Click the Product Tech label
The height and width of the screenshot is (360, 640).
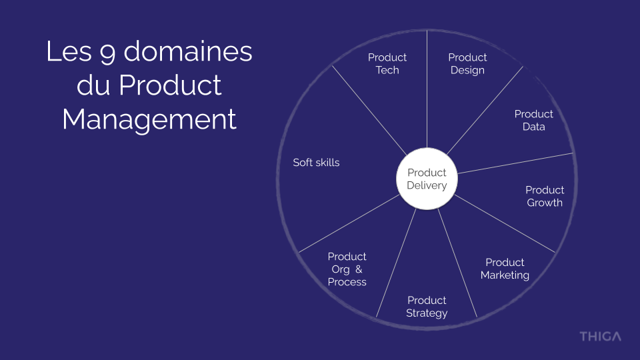[x=387, y=63]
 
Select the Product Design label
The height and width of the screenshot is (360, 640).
[x=467, y=63]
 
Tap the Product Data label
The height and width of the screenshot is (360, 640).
[x=533, y=120]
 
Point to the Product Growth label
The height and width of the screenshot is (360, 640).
[x=545, y=196]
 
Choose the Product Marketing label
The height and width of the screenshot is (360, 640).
[x=505, y=269]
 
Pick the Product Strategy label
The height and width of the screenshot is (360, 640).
[x=427, y=307]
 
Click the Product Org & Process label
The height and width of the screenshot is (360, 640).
[x=347, y=269]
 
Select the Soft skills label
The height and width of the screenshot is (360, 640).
[x=316, y=162]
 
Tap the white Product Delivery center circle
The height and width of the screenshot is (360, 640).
[x=427, y=179]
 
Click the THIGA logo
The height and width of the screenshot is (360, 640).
[x=599, y=336]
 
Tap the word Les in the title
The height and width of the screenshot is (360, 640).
[x=68, y=52]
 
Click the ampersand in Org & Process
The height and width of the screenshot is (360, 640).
[x=359, y=269]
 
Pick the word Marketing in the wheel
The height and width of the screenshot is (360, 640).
[x=505, y=275]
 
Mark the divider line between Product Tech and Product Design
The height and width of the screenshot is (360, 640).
[x=427, y=93]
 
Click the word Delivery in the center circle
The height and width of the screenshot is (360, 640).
[x=427, y=185]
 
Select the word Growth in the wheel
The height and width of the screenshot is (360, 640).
[x=545, y=203]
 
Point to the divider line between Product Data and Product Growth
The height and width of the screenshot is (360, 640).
[x=520, y=162]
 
